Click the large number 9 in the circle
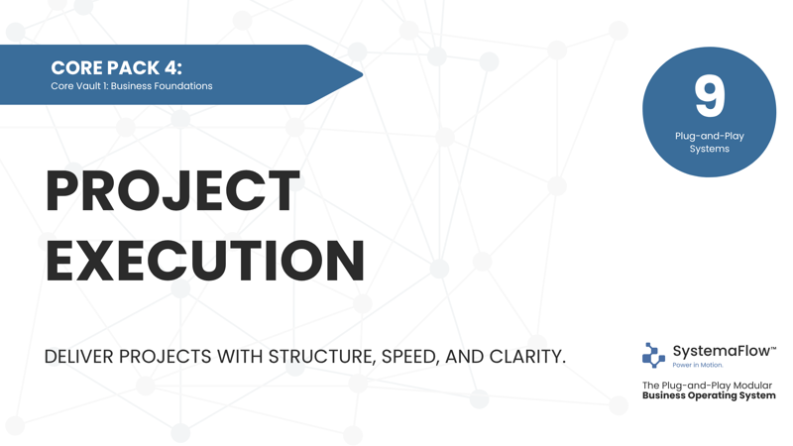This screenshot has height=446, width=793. tap(709, 95)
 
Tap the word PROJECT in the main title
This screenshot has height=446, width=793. tap(172, 191)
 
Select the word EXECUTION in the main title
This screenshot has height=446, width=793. tap(205, 261)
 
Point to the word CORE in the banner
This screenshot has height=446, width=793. tap(76, 67)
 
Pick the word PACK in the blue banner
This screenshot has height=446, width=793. tap(133, 67)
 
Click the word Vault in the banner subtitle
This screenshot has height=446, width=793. tap(84, 86)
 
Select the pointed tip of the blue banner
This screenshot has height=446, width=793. tap(362, 75)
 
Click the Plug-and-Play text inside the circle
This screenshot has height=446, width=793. tap(709, 136)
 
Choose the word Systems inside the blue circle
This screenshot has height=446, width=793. tap(709, 149)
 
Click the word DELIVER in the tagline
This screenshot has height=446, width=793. tap(78, 357)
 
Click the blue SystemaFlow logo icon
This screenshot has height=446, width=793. tap(653, 355)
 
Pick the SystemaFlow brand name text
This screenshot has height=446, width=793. tap(724, 351)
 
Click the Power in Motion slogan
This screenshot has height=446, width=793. tap(698, 365)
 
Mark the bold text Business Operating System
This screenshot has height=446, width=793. tap(709, 395)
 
